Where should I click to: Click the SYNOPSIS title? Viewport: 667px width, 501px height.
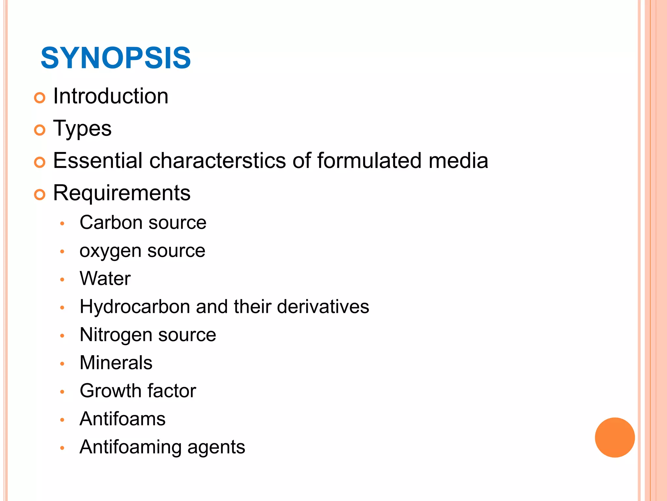(116, 58)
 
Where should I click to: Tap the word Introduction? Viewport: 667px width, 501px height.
(111, 96)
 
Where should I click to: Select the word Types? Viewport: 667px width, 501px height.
(82, 129)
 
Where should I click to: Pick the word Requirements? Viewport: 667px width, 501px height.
(122, 193)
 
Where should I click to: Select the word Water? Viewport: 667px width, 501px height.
(105, 279)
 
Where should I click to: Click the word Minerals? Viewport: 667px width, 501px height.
(116, 363)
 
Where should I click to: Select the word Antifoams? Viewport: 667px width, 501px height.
(122, 419)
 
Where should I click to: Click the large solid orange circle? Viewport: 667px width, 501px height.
(615, 437)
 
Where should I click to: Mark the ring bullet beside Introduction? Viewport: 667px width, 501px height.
(40, 98)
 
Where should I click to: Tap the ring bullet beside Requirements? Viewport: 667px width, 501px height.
(40, 195)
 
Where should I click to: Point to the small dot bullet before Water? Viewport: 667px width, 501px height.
(62, 280)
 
